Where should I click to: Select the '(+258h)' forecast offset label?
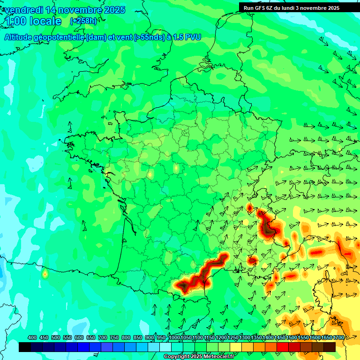coord(83,21)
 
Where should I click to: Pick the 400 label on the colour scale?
coord(32,338)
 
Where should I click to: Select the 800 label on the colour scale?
coord(126,338)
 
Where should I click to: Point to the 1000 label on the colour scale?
coord(174,338)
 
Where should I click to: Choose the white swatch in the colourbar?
coord(165,347)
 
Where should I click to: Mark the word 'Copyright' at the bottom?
coord(177,357)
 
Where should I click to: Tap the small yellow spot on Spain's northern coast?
coord(45,274)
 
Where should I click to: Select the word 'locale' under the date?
coord(45,21)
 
